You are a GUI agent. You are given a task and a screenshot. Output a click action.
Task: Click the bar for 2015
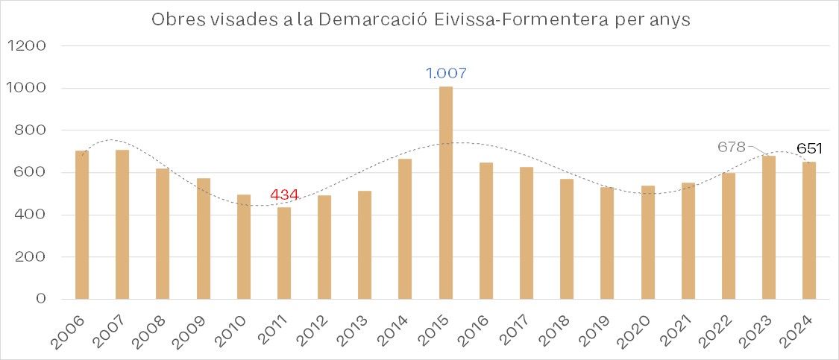pos(445,193)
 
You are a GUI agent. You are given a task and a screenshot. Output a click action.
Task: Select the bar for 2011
pos(284,253)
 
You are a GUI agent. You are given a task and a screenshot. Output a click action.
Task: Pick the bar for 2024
pos(809,230)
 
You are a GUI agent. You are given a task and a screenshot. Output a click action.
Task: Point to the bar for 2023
pos(769,227)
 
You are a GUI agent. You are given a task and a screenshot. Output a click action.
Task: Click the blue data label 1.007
pos(446,73)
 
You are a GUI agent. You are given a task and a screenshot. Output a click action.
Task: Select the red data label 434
pos(284,195)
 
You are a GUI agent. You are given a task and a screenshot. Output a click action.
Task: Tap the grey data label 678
pos(732,148)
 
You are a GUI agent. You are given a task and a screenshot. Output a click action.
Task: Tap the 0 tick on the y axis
pos(40,300)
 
